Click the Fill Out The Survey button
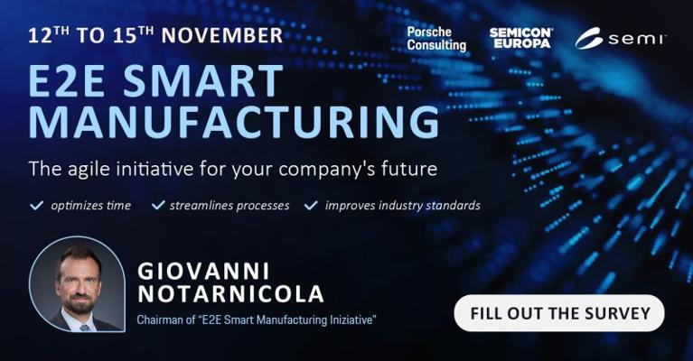click(x=559, y=313)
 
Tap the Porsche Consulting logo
click(x=436, y=39)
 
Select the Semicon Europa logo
click(x=520, y=38)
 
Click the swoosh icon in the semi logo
click(x=588, y=39)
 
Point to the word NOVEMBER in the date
click(x=222, y=36)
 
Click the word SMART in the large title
click(x=203, y=81)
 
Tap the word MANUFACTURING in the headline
click(x=234, y=121)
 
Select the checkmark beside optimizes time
click(x=36, y=205)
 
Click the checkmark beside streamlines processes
click(x=158, y=205)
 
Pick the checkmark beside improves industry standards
click(x=311, y=205)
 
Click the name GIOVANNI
click(x=203, y=271)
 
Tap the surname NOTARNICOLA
click(x=230, y=294)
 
